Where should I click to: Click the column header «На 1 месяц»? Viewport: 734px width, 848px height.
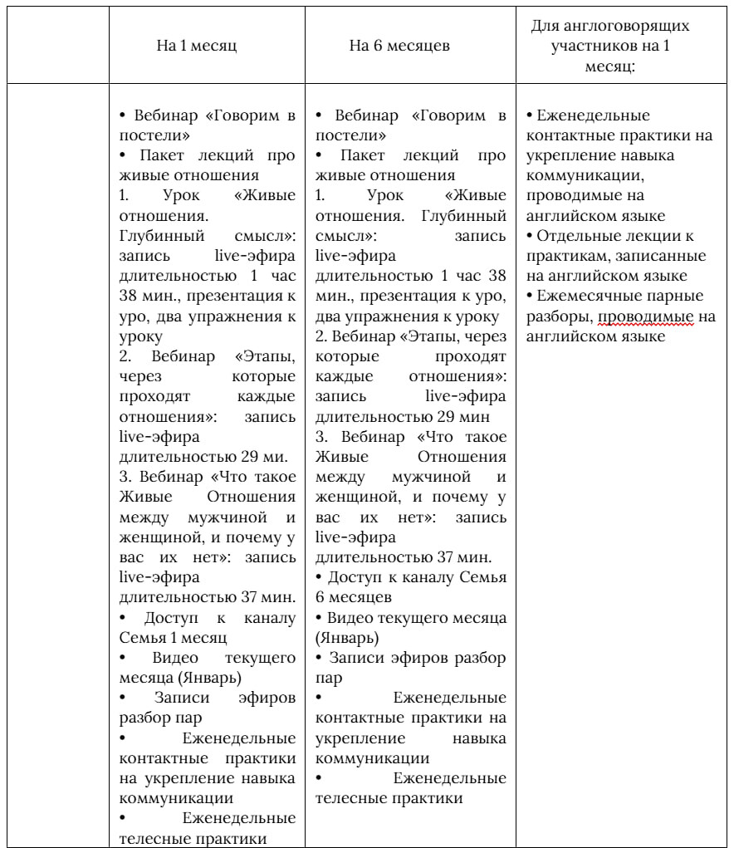pyautogui.click(x=197, y=46)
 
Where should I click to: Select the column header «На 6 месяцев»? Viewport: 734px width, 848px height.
pyautogui.click(x=399, y=46)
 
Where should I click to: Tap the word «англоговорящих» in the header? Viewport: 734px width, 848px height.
pyautogui.click(x=628, y=26)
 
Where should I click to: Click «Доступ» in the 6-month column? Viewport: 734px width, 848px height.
pyautogui.click(x=355, y=577)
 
